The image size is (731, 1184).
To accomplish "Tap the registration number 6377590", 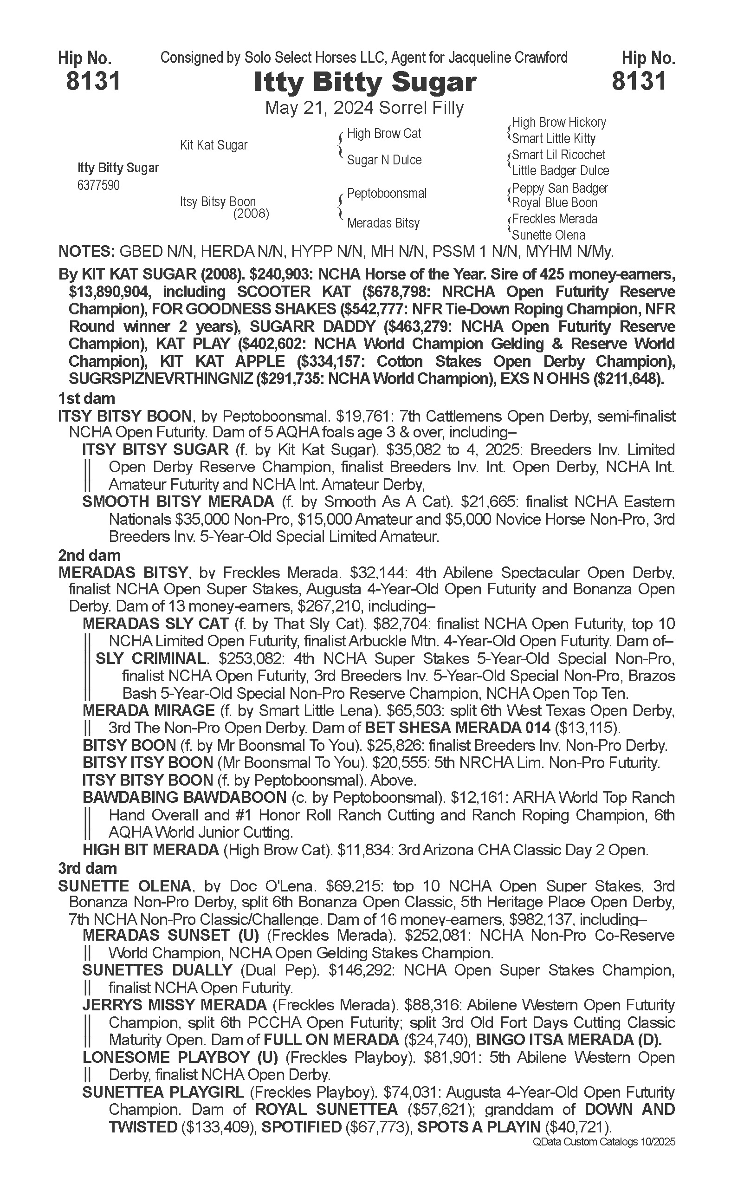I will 98,185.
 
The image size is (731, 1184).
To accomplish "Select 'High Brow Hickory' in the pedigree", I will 558,123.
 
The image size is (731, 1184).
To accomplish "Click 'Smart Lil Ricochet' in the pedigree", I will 558,155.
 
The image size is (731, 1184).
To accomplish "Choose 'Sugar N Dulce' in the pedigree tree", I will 384,160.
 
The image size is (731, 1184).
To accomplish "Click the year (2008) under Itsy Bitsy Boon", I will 251,213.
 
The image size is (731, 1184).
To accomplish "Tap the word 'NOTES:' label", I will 85,252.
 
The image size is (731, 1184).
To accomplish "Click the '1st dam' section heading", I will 86,398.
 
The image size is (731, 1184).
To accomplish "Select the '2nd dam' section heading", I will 90,555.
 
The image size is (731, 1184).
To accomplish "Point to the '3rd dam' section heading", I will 88,868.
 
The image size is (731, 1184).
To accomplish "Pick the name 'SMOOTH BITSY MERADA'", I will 178,501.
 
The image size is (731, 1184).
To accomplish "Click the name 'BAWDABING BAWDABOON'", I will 184,798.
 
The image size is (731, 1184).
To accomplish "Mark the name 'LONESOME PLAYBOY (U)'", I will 180,1058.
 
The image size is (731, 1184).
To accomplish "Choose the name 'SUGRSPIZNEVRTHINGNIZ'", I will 161,379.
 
